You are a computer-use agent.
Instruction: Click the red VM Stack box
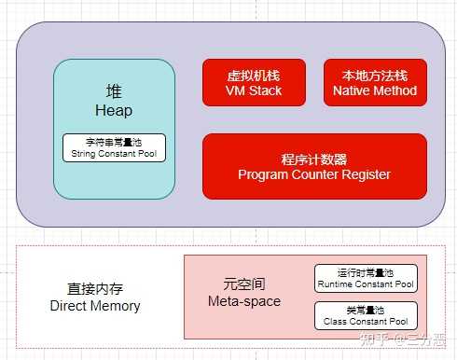pyautogui.click(x=254, y=82)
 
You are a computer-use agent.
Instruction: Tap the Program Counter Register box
pyautogui.click(x=314, y=166)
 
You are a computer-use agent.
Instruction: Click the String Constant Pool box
pyautogui.click(x=114, y=147)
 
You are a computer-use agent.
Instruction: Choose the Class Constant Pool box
pyautogui.click(x=366, y=314)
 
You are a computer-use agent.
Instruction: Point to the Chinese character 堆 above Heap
pyautogui.click(x=114, y=92)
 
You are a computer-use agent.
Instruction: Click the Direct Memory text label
pyautogui.click(x=95, y=306)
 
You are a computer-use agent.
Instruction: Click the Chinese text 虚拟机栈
pyautogui.click(x=254, y=75)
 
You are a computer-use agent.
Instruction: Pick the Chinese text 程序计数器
pyautogui.click(x=314, y=159)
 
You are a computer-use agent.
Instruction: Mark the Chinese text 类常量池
pyautogui.click(x=366, y=309)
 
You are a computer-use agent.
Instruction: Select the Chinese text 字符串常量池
pyautogui.click(x=114, y=142)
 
